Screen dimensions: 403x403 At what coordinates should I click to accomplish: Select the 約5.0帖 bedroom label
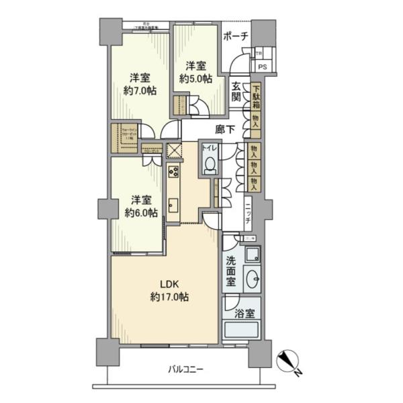(195, 72)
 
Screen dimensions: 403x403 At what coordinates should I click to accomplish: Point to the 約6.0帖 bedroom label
(140, 207)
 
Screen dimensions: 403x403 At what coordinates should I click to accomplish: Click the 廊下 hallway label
(225, 130)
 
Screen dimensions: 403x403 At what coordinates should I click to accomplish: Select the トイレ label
(210, 147)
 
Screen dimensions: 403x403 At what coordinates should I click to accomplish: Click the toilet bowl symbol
(210, 163)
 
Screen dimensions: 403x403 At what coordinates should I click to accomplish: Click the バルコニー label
(185, 369)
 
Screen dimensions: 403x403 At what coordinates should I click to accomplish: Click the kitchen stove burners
(173, 171)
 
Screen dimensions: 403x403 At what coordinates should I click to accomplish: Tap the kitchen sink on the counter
(172, 204)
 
